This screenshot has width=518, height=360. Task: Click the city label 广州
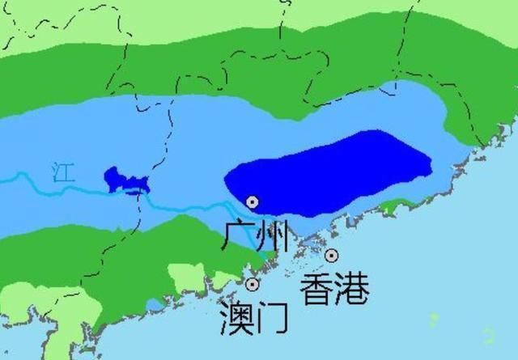pyautogui.click(x=255, y=238)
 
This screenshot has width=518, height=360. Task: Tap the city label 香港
pyautogui.click(x=334, y=288)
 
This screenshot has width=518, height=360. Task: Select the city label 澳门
pyautogui.click(x=254, y=318)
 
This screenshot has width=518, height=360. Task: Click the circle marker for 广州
pyautogui.click(x=253, y=201)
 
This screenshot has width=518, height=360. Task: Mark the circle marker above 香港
pyautogui.click(x=332, y=256)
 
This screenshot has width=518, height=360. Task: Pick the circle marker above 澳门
pyautogui.click(x=253, y=284)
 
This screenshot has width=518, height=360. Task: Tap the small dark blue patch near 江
pyautogui.click(x=124, y=180)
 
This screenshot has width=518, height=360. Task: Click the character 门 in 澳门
pyautogui.click(x=273, y=318)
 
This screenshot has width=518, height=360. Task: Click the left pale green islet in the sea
pyautogui.click(x=435, y=320)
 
